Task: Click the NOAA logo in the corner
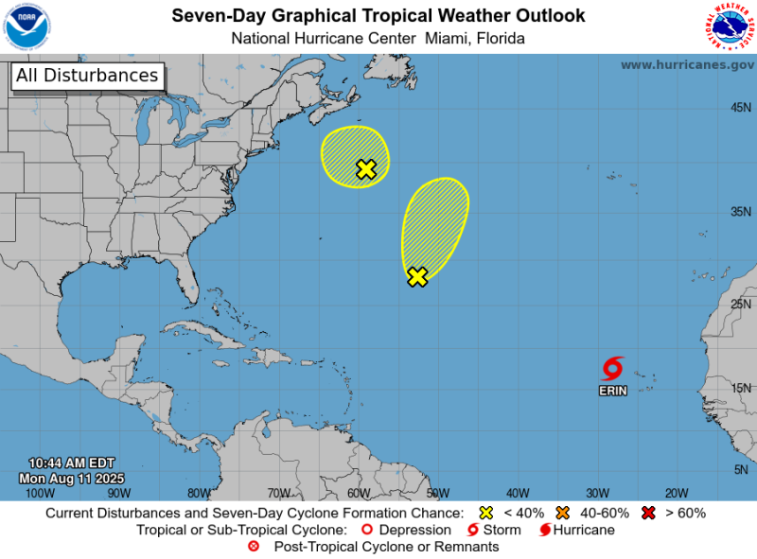click(x=27, y=26)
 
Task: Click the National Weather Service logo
click(x=730, y=26)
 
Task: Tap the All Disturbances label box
click(x=87, y=76)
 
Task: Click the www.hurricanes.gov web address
click(x=687, y=64)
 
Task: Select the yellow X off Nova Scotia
click(x=366, y=169)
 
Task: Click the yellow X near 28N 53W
click(x=417, y=277)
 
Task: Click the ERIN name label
click(x=612, y=391)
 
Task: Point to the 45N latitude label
click(x=741, y=108)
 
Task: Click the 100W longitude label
click(x=40, y=493)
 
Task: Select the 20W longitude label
click(x=676, y=493)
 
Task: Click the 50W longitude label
click(x=437, y=493)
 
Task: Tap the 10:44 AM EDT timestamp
click(x=72, y=463)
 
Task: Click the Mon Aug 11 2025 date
click(x=72, y=478)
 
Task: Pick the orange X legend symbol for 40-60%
click(x=563, y=513)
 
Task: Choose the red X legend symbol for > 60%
click(x=647, y=513)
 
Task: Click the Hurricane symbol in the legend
click(x=545, y=530)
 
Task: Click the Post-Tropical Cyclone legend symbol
click(x=254, y=547)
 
